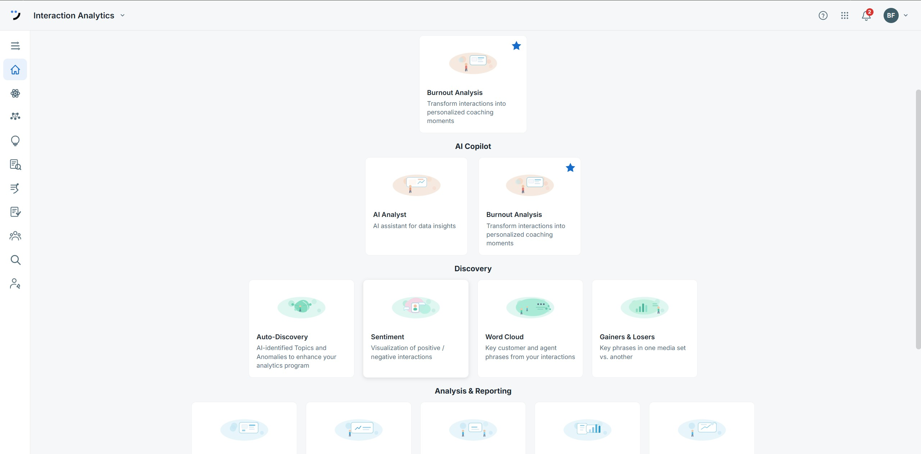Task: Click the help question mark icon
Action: coord(823,15)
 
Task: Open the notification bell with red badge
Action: coord(867,15)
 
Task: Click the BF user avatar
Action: coord(891,15)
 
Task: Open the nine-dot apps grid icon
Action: coord(845,15)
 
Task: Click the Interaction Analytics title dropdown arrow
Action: coord(122,15)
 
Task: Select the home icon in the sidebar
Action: coord(15,69)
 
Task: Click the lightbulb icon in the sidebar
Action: coord(15,141)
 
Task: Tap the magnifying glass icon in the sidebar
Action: coord(15,260)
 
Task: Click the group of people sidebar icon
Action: coord(15,236)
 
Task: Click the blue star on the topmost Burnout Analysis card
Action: coord(516,46)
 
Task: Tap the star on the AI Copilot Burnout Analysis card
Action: coord(570,168)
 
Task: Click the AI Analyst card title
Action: coord(390,214)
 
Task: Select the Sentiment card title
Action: coord(387,337)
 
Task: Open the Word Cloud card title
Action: coord(504,337)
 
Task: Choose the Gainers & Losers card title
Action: coord(627,337)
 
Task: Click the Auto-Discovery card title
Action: coord(282,337)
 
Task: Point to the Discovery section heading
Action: coord(473,269)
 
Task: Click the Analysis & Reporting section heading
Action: coord(473,391)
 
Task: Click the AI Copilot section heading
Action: coord(473,146)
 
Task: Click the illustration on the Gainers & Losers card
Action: coord(644,308)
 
